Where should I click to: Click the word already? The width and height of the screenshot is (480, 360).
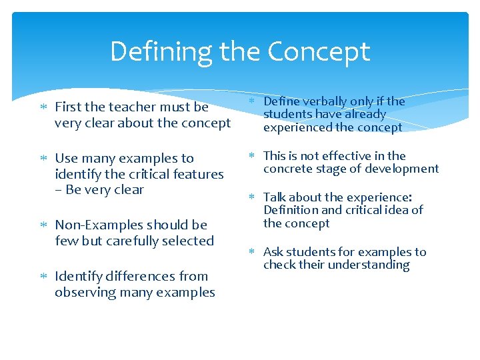tap(366, 115)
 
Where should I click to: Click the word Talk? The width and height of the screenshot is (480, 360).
tap(275, 197)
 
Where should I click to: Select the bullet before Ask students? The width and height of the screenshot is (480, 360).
tap(253, 252)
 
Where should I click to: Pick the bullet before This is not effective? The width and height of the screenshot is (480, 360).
tap(253, 156)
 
